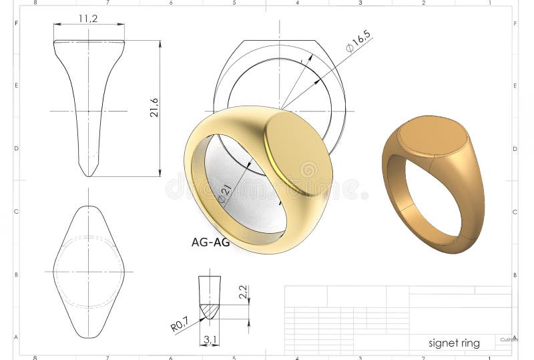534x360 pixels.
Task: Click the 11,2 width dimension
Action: (x=88, y=19)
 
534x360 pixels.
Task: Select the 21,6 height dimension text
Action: (x=154, y=108)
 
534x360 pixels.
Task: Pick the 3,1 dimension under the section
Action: (x=210, y=341)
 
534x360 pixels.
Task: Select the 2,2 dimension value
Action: (x=244, y=293)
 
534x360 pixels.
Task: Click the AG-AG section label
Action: (x=210, y=243)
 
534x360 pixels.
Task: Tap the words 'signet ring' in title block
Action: (x=454, y=343)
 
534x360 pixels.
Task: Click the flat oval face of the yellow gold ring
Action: (x=298, y=153)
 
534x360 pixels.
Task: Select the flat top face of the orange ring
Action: (x=433, y=136)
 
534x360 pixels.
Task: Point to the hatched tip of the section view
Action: (x=210, y=311)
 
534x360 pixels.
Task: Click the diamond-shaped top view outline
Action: (x=89, y=271)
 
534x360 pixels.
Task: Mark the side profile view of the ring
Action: (x=89, y=107)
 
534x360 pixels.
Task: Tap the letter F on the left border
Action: (x=17, y=23)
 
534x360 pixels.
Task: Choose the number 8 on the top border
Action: (x=35, y=3)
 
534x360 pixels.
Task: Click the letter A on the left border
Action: (x=17, y=337)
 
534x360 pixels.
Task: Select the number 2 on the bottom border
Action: (x=423, y=357)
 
